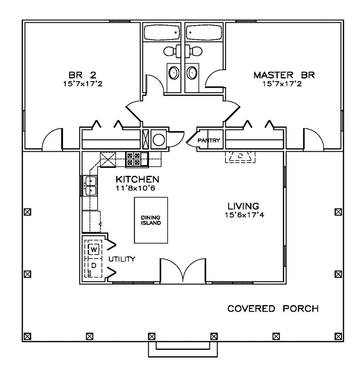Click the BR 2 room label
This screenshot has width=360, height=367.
79,75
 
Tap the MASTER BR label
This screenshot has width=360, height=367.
284,75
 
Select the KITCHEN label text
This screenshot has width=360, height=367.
137,180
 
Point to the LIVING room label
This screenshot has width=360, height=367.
243,206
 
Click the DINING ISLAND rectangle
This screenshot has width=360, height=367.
151,220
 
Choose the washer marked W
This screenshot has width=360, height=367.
94,249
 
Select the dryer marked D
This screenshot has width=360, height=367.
94,266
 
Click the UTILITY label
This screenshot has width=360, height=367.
122,259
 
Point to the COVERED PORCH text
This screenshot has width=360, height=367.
273,309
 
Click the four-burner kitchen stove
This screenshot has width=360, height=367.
133,159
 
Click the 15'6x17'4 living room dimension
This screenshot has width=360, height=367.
243,215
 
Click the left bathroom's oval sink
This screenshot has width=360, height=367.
174,73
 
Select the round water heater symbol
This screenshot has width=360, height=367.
159,139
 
